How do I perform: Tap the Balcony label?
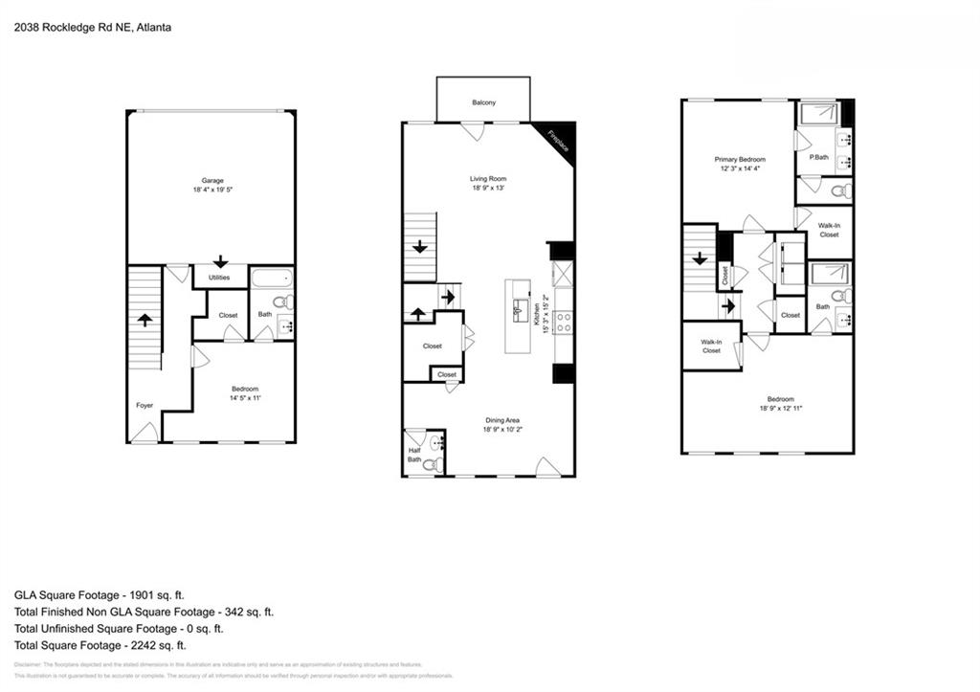pos(483,103)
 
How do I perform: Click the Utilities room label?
pos(220,278)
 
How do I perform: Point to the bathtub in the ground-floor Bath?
pos(272,280)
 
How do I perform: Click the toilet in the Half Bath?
pos(433,465)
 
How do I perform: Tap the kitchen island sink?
pos(518,308)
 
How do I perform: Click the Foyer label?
pos(145,406)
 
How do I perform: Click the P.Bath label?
pos(818,157)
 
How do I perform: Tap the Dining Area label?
pos(501,420)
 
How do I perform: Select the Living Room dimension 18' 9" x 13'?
pos(487,188)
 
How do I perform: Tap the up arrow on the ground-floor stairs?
pos(145,320)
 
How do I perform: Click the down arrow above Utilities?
pos(220,260)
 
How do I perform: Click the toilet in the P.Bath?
pos(840,191)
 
